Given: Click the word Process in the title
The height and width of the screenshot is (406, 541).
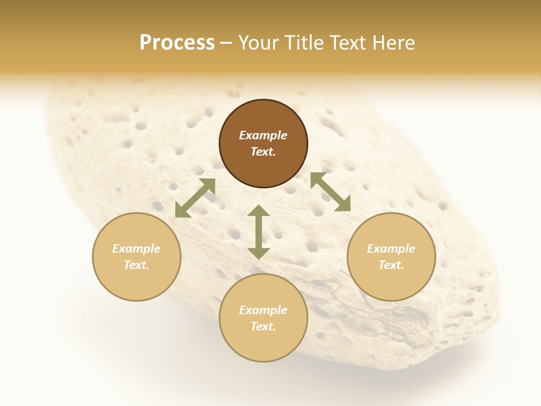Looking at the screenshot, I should click(x=177, y=43).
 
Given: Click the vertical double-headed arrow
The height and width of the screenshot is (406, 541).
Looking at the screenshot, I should click(x=259, y=232).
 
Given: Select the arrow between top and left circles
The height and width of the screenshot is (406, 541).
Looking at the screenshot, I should click(x=195, y=198).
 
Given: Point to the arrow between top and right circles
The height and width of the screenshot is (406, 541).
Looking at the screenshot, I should click(x=330, y=192).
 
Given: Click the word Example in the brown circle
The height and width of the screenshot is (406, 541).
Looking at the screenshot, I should click(x=263, y=135).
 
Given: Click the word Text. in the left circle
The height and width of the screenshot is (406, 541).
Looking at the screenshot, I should click(x=136, y=265).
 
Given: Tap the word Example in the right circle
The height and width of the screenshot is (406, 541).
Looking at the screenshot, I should click(x=391, y=249).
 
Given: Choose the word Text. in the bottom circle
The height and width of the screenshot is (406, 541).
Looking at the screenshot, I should click(x=263, y=326).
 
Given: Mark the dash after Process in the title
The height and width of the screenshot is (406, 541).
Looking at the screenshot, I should click(x=226, y=43).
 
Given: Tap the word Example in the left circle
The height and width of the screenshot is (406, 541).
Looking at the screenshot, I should click(x=136, y=249).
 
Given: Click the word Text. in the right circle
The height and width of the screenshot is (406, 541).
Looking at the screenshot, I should click(x=391, y=265).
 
